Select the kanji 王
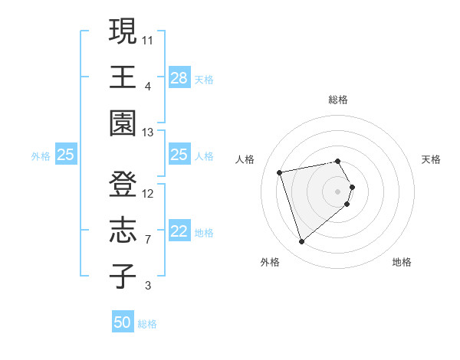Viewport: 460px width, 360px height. point(123,77)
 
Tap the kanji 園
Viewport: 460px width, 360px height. point(123,123)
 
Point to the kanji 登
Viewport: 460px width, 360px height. point(123,185)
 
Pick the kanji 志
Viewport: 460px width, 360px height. point(123,231)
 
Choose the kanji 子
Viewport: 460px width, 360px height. point(123,277)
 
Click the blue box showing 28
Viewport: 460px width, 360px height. point(179,78)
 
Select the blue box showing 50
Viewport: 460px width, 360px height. point(123,323)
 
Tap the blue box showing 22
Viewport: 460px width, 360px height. point(179,232)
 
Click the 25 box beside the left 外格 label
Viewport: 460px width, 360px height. point(66,155)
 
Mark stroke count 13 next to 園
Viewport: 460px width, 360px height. point(148,133)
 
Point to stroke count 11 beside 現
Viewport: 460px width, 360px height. point(148,38)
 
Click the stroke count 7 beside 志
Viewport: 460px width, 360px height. point(148,240)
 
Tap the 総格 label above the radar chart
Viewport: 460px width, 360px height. point(338,100)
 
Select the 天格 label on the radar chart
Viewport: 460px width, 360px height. point(431,159)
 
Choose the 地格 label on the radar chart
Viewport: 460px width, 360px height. point(402,262)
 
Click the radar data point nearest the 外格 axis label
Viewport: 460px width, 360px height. point(302,242)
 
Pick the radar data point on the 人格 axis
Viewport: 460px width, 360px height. point(280,172)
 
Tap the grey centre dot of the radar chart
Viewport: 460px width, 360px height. point(338,191)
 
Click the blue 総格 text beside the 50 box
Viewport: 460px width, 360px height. point(147,324)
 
